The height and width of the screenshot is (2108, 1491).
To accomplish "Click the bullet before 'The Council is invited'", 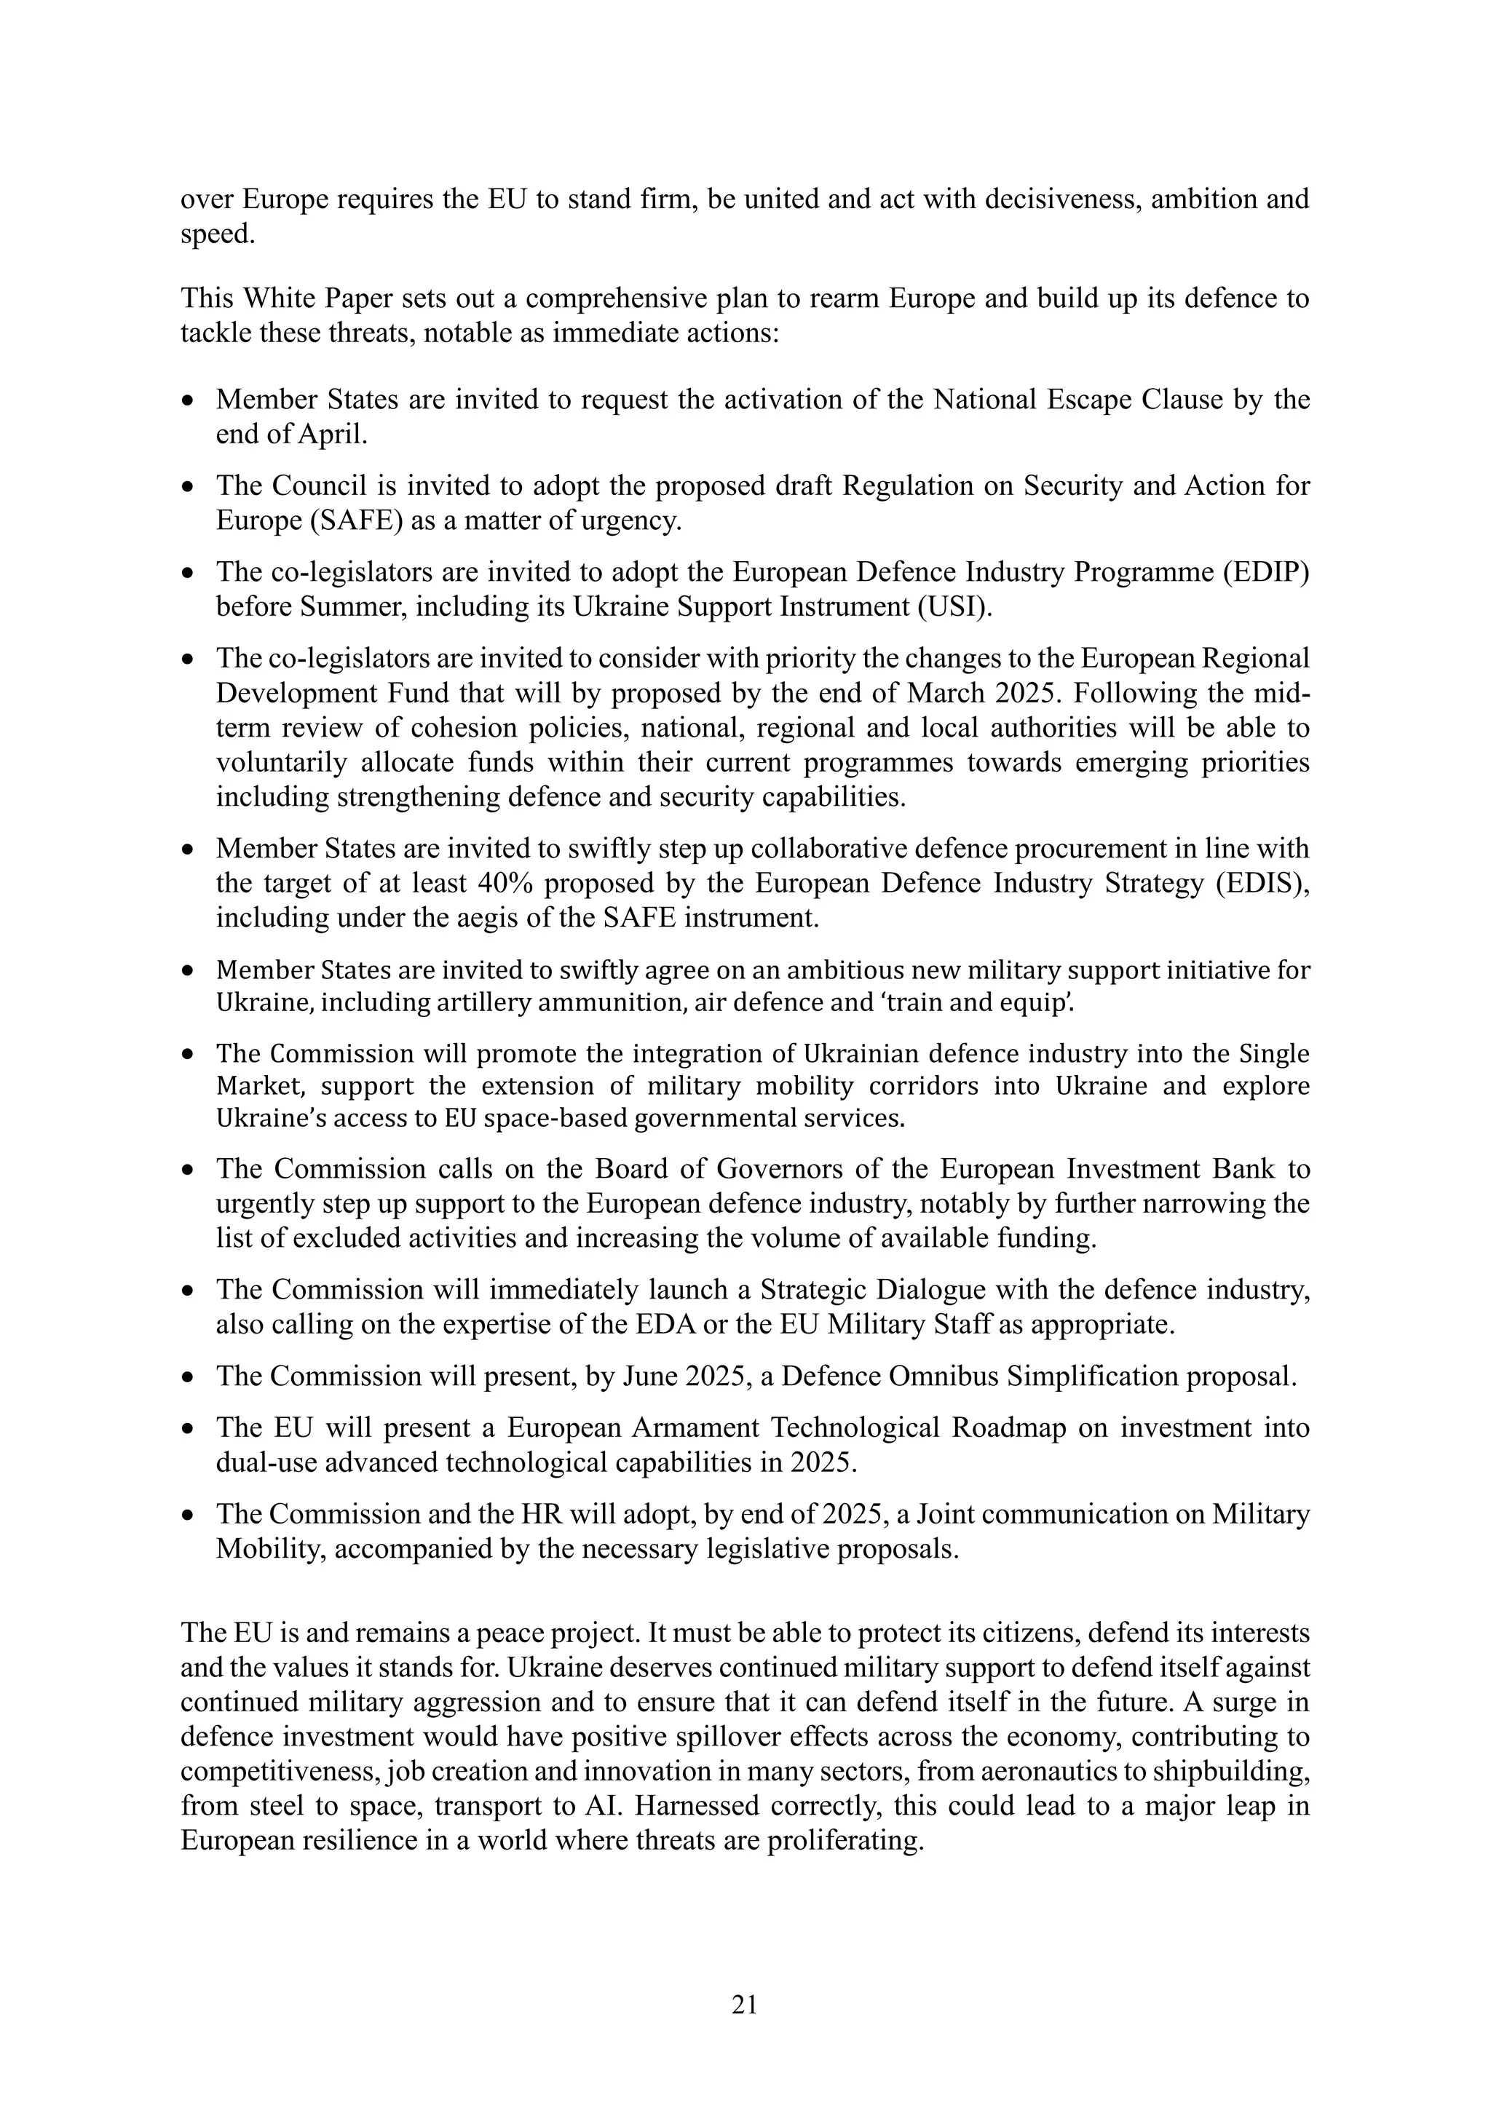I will [x=189, y=488].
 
